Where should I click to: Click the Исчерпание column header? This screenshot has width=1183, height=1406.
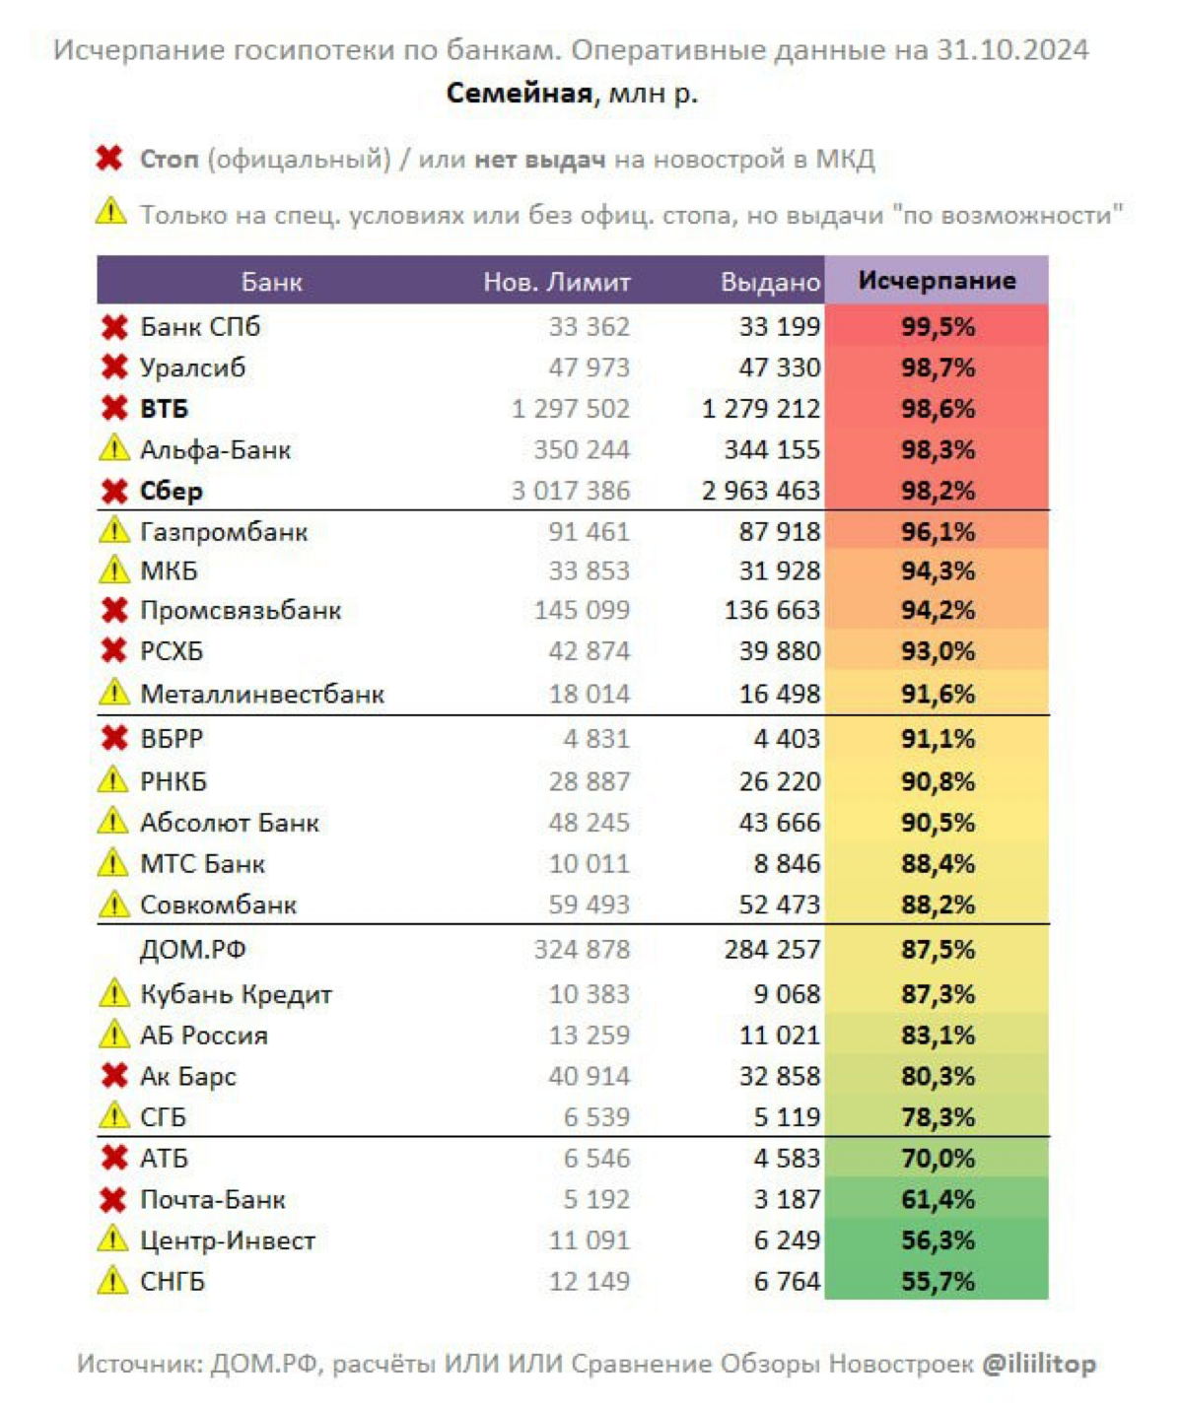(937, 280)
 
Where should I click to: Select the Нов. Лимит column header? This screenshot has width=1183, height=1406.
(556, 282)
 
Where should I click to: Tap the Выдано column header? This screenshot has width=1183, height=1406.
(771, 282)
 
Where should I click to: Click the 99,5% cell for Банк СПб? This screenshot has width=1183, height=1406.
(938, 326)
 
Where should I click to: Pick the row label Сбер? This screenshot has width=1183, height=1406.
(172, 491)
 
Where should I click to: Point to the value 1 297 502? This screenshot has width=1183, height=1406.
(571, 409)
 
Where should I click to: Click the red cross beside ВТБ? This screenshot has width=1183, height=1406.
(114, 409)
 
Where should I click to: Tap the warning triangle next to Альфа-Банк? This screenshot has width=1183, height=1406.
(113, 448)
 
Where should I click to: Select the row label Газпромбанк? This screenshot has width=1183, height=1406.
(224, 533)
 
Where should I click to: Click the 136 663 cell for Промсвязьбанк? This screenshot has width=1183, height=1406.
(772, 610)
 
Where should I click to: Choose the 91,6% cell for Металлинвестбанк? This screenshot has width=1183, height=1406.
(938, 694)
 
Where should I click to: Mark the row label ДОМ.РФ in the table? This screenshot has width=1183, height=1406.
(192, 950)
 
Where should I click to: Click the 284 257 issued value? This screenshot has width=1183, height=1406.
(772, 950)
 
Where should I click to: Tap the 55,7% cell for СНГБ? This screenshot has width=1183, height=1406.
(938, 1282)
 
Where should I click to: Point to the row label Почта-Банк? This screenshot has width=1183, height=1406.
(213, 1199)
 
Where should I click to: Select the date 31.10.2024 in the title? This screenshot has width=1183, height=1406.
(1011, 50)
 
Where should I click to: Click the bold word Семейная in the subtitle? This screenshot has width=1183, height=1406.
(519, 93)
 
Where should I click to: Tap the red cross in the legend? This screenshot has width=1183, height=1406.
(109, 159)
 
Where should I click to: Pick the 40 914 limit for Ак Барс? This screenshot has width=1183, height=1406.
(590, 1076)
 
